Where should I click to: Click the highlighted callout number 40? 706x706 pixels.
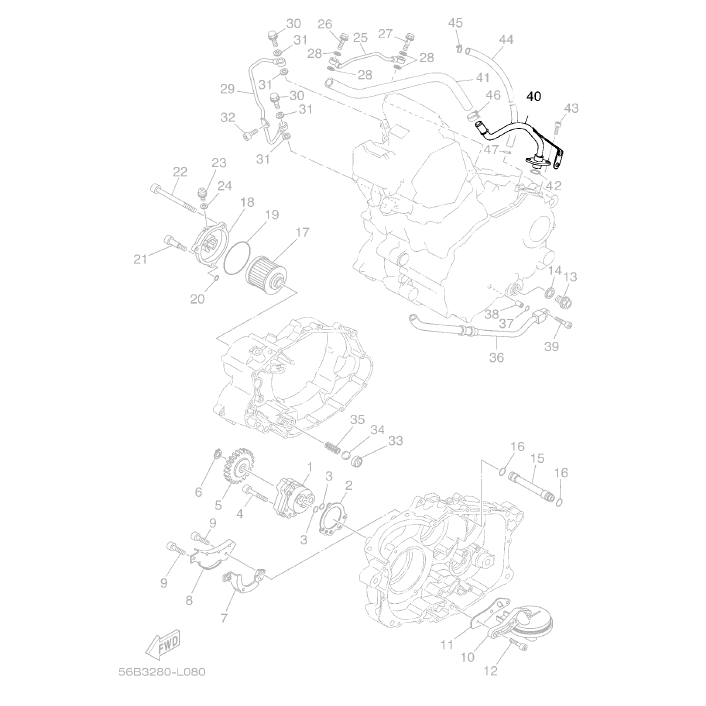point(534,96)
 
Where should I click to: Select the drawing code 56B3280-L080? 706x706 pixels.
point(162,672)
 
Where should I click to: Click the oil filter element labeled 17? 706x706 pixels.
point(267,273)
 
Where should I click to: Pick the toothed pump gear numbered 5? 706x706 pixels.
point(237,471)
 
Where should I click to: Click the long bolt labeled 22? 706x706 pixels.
point(173,199)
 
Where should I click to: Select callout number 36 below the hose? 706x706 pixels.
point(497,358)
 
